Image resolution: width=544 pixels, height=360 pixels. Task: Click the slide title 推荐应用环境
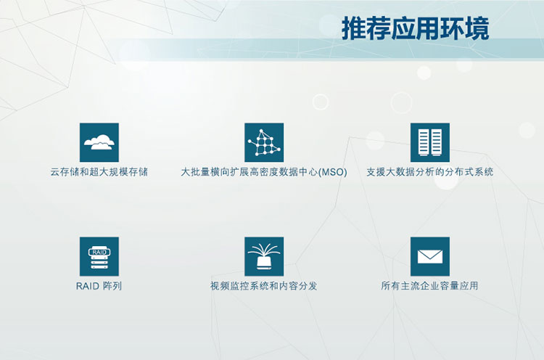(x=416, y=28)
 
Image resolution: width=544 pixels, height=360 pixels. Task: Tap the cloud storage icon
(x=99, y=142)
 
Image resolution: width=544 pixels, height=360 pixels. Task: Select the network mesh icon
(x=264, y=142)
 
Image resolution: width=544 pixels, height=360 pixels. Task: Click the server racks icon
(x=430, y=142)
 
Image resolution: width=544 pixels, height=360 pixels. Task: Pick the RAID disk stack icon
(x=99, y=256)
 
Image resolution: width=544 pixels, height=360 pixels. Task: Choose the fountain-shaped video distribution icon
(x=264, y=256)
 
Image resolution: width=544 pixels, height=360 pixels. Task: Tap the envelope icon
(x=430, y=256)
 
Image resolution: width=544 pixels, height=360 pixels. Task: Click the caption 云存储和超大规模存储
(x=99, y=172)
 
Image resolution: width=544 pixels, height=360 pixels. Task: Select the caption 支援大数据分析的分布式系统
(x=430, y=172)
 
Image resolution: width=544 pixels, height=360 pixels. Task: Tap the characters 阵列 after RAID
(x=112, y=286)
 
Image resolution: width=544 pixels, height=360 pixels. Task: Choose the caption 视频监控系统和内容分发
(x=264, y=286)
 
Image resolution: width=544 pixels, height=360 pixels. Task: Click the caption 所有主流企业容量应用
(x=429, y=286)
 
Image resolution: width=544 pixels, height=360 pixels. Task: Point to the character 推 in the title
(x=354, y=28)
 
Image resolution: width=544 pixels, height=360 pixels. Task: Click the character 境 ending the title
(x=477, y=28)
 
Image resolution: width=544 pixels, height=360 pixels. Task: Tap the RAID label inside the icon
(x=99, y=252)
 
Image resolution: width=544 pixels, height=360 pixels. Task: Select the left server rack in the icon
(x=424, y=142)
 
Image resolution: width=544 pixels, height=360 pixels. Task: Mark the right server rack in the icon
(x=437, y=142)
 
